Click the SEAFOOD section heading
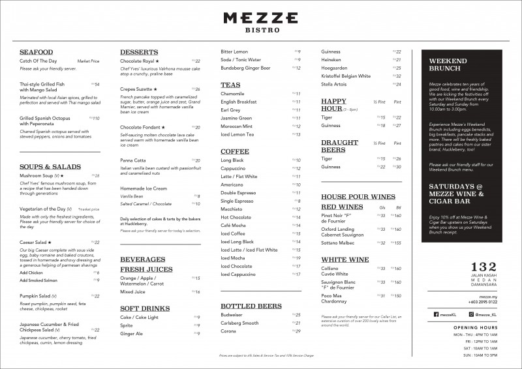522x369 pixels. pos(37,52)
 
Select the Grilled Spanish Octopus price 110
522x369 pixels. pos(96,118)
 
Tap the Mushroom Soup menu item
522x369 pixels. pos(40,175)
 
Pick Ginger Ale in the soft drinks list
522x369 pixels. pos(131,333)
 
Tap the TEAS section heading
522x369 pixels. pos(230,85)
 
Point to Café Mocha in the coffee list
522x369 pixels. pos(233,225)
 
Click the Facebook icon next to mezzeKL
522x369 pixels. pos(436,314)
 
